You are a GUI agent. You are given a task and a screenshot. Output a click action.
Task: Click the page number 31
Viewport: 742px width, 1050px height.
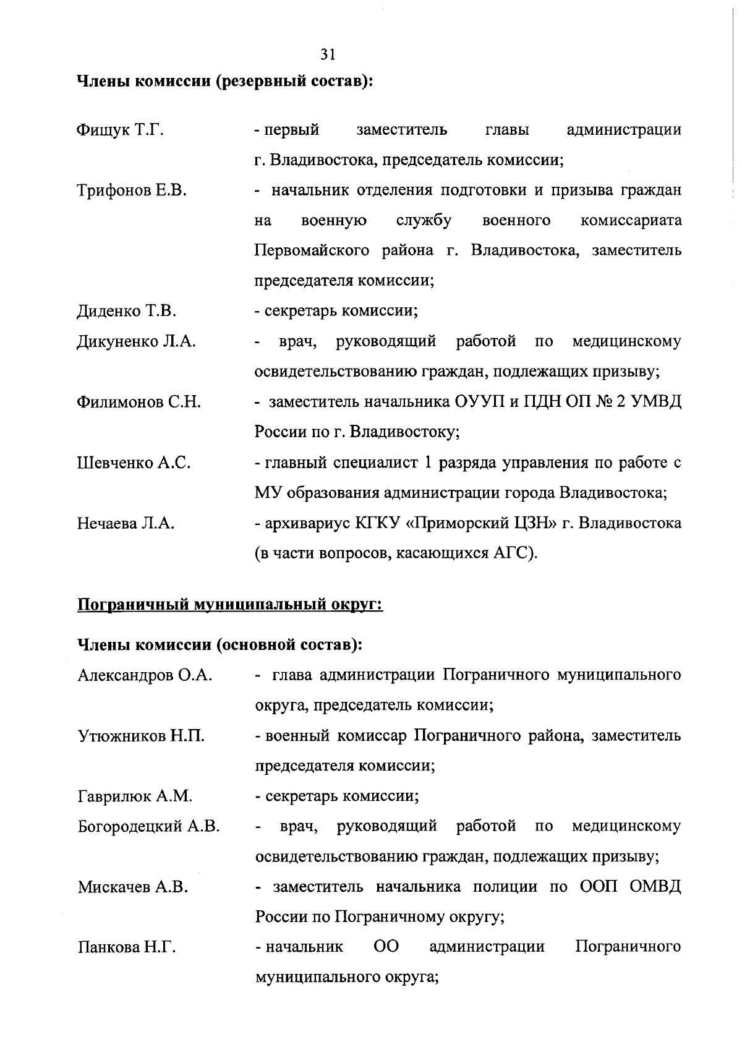click(328, 54)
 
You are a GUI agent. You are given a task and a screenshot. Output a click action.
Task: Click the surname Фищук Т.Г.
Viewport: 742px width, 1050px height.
click(120, 130)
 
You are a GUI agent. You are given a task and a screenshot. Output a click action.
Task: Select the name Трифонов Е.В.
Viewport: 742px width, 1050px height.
click(131, 191)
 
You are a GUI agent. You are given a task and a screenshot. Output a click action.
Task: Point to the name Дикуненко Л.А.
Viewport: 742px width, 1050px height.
click(136, 342)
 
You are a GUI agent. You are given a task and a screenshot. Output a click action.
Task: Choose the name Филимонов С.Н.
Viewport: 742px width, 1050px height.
click(139, 403)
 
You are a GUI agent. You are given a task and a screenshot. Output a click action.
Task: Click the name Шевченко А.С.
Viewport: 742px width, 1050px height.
click(134, 463)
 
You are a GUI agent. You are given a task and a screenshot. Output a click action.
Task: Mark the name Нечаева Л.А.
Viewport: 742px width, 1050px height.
click(126, 524)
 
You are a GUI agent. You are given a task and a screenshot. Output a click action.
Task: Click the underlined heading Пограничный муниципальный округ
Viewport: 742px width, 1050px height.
click(229, 604)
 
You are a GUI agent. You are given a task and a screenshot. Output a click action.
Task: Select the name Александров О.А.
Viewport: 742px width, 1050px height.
click(145, 675)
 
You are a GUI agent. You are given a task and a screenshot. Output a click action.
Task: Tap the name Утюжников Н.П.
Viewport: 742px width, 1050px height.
click(141, 736)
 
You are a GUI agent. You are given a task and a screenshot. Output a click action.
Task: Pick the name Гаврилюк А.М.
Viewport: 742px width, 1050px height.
click(135, 796)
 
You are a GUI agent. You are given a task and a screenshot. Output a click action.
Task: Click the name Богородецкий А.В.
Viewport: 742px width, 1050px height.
click(148, 827)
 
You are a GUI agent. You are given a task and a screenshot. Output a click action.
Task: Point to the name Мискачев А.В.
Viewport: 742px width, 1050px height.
click(132, 888)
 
